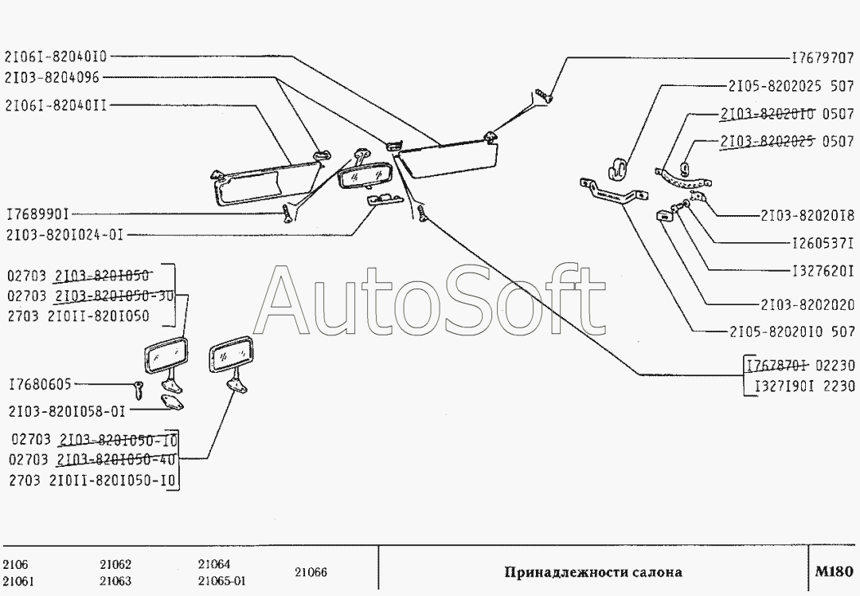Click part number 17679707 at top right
point(823,59)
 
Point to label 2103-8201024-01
point(64,234)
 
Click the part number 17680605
point(40,385)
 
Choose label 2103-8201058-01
point(68,411)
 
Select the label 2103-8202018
point(806,215)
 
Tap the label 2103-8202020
point(806,304)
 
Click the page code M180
point(834,571)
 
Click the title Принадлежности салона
point(593,572)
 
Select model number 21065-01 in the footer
point(221,580)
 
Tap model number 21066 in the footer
point(311,572)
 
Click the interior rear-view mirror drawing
point(364,174)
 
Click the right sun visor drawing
point(446,159)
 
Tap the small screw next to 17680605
point(139,390)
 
